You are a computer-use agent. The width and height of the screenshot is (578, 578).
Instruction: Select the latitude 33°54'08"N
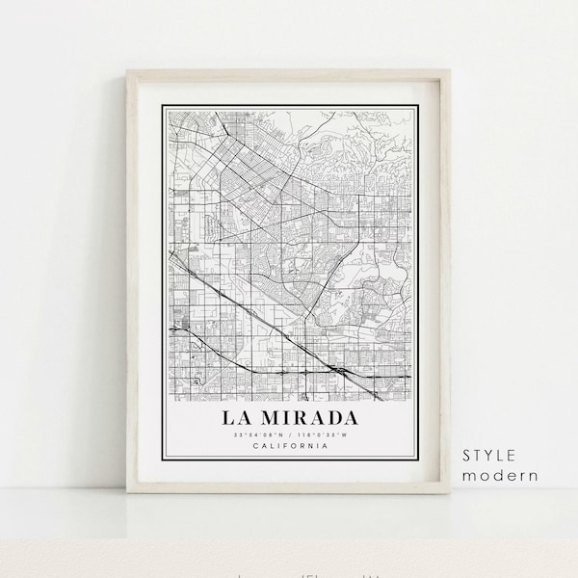click(x=255, y=434)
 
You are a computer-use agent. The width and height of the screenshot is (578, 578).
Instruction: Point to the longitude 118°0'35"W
click(x=324, y=434)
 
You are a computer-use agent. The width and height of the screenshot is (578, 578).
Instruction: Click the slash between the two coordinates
click(x=289, y=434)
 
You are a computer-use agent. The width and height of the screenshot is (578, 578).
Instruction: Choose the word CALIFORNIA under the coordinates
click(x=289, y=446)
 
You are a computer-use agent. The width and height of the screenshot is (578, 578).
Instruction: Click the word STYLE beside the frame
click(x=488, y=456)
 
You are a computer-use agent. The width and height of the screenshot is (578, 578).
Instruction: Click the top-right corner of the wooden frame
click(x=450, y=70)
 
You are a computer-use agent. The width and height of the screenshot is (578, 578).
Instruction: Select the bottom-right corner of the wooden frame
click(x=450, y=492)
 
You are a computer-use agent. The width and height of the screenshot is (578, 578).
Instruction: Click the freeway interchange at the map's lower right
click(x=339, y=369)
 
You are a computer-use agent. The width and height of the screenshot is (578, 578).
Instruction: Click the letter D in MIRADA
click(x=329, y=418)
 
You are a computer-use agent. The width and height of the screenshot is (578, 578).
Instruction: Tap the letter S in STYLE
click(x=467, y=456)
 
